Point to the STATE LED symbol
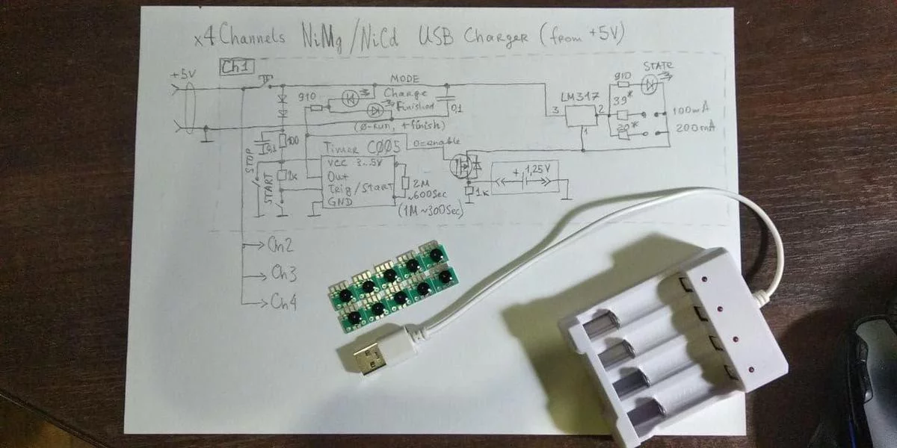pyautogui.click(x=651, y=84)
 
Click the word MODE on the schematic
pyautogui.click(x=404, y=79)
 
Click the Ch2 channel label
pyautogui.click(x=279, y=246)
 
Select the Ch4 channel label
pyautogui.click(x=283, y=302)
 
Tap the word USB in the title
pyautogui.click(x=437, y=36)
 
